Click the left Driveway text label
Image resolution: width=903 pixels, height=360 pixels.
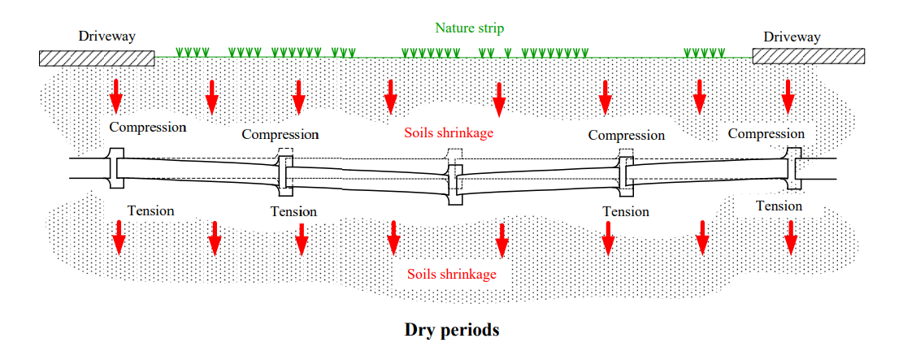(106, 37)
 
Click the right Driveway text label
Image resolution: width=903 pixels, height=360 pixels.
(792, 37)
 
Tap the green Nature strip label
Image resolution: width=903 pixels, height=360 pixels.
(469, 28)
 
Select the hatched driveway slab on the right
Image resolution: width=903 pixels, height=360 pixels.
(808, 56)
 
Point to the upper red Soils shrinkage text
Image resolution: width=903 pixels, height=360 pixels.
(449, 132)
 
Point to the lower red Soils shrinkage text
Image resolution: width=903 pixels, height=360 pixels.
(452, 274)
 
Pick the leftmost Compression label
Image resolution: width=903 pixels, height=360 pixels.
(148, 127)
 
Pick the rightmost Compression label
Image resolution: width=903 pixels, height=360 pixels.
(766, 133)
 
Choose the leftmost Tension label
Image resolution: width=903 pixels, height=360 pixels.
(150, 210)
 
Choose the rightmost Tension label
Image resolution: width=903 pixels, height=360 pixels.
(779, 206)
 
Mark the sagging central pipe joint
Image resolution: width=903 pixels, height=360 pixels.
(454, 185)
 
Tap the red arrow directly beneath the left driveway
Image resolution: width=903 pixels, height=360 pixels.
(116, 95)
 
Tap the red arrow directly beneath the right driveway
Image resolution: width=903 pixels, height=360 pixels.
(788, 95)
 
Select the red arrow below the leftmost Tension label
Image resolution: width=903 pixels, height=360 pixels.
(119, 236)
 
